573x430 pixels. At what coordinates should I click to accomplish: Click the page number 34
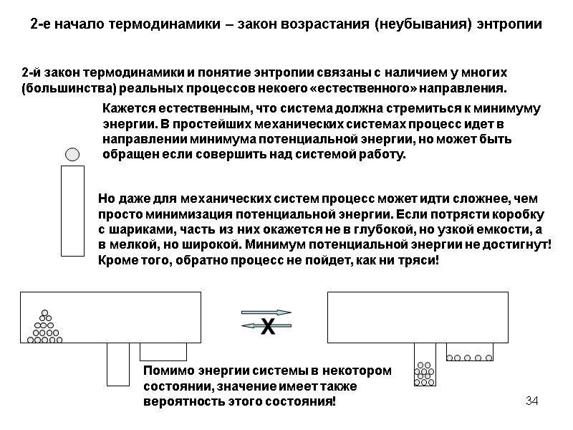531,399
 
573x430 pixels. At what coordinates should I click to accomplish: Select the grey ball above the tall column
72,154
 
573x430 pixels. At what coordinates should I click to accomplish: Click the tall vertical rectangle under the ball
72,210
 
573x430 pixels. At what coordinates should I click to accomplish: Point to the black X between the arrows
267,328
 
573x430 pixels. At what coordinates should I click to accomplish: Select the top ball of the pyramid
44,312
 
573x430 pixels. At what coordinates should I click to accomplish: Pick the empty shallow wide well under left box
163,351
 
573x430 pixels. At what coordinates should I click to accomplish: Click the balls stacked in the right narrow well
425,373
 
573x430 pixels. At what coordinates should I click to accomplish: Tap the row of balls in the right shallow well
469,357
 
